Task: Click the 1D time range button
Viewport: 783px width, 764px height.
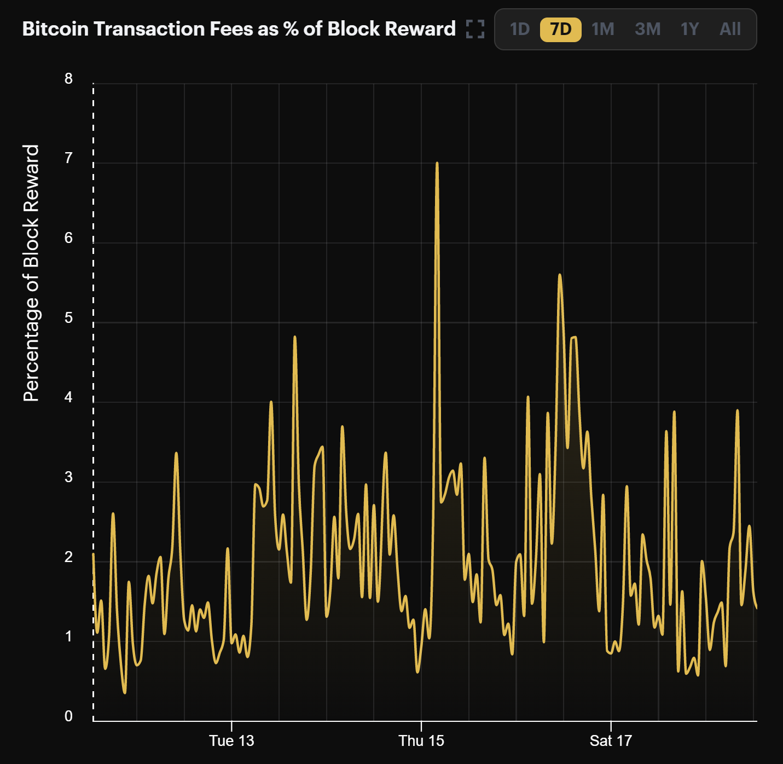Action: pyautogui.click(x=519, y=29)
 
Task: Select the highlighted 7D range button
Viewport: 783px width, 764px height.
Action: pyautogui.click(x=560, y=29)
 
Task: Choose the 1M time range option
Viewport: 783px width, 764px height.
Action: pyautogui.click(x=602, y=29)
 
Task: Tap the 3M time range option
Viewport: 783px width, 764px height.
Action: pyautogui.click(x=647, y=29)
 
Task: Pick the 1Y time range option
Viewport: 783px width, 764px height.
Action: pyautogui.click(x=689, y=29)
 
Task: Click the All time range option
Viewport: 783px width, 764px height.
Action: pyautogui.click(x=730, y=29)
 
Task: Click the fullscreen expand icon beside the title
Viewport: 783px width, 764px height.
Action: pyautogui.click(x=475, y=29)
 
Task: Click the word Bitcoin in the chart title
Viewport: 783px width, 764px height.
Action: pyautogui.click(x=55, y=29)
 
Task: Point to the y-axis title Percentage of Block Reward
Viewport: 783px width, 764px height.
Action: pyautogui.click(x=32, y=273)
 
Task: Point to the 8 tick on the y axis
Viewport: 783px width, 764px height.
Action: pyautogui.click(x=68, y=79)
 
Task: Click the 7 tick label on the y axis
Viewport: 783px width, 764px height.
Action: pyautogui.click(x=68, y=158)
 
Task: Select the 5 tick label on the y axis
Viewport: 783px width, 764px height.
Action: pyautogui.click(x=68, y=318)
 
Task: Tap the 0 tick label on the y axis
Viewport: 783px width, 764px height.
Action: pyautogui.click(x=68, y=716)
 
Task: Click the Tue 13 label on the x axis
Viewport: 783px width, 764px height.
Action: pyautogui.click(x=231, y=741)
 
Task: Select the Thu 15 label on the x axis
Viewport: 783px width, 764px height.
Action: pyautogui.click(x=421, y=741)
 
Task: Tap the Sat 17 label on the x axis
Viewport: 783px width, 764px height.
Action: pyautogui.click(x=611, y=741)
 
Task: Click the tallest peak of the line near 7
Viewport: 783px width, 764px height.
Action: pyautogui.click(x=437, y=163)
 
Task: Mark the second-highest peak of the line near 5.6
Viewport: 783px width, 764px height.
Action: pyautogui.click(x=559, y=275)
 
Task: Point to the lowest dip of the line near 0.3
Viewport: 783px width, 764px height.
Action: pyautogui.click(x=125, y=693)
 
